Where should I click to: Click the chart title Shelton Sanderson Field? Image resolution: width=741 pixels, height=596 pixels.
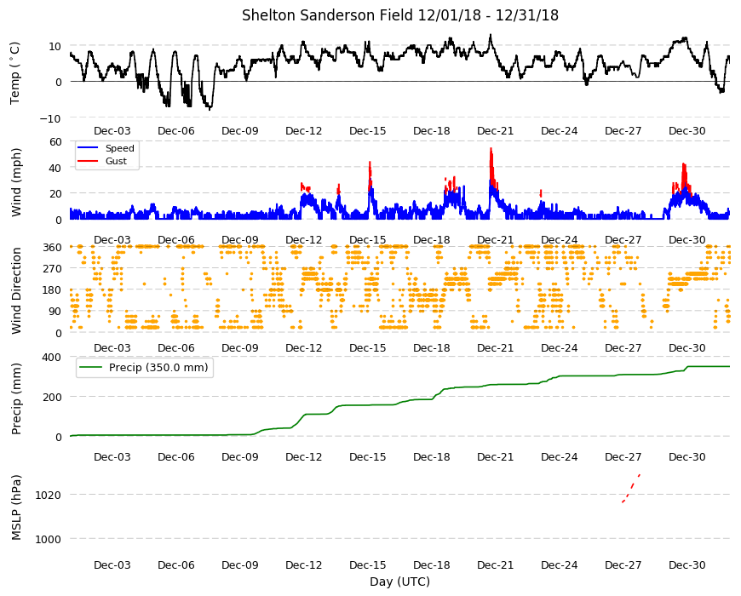pyautogui.click(x=328, y=15)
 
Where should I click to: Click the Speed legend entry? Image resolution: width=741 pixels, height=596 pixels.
pyautogui.click(x=119, y=148)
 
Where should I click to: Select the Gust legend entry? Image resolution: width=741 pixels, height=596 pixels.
pyautogui.click(x=116, y=161)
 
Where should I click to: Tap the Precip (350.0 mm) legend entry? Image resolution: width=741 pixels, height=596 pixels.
pyautogui.click(x=158, y=368)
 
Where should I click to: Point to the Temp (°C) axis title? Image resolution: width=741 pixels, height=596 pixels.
pyautogui.click(x=15, y=72)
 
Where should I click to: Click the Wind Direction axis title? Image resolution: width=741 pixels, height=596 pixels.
pyautogui.click(x=16, y=291)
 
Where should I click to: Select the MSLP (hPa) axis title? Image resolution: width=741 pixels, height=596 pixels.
pyautogui.click(x=16, y=507)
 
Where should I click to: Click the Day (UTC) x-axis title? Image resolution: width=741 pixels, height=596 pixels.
pyautogui.click(x=399, y=582)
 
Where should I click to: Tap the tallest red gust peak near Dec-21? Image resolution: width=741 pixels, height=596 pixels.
pyautogui.click(x=491, y=149)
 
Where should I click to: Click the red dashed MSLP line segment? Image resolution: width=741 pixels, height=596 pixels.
pyautogui.click(x=631, y=489)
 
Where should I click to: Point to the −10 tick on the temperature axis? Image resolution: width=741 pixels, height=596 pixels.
pyautogui.click(x=50, y=118)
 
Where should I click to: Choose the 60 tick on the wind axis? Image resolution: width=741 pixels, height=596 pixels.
pyautogui.click(x=55, y=141)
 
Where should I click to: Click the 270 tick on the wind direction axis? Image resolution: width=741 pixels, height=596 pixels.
pyautogui.click(x=53, y=269)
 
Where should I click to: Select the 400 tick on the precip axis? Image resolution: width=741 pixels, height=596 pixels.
pyautogui.click(x=53, y=358)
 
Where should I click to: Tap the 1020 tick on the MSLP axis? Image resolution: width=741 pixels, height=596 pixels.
pyautogui.click(x=49, y=496)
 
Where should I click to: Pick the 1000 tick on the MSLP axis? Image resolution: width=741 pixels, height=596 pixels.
pyautogui.click(x=49, y=539)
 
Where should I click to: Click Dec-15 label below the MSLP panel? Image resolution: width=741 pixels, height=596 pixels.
pyautogui.click(x=368, y=565)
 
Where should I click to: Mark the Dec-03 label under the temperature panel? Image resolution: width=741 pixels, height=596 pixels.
pyautogui.click(x=112, y=131)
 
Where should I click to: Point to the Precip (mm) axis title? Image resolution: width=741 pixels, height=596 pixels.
pyautogui.click(x=16, y=399)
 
